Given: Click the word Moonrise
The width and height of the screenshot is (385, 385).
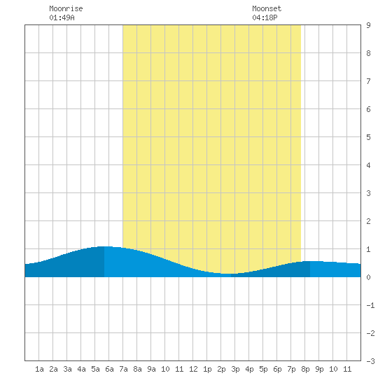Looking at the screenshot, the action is tap(66, 8).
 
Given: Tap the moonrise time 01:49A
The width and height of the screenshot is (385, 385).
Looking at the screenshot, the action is tap(62, 17).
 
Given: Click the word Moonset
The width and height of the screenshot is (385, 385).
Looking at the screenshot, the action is tap(267, 8).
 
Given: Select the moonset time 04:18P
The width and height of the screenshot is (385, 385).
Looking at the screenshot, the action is tap(265, 17).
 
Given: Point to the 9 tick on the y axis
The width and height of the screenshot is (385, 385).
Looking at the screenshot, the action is tap(368, 25).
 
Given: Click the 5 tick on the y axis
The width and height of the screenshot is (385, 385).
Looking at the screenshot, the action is tap(368, 137).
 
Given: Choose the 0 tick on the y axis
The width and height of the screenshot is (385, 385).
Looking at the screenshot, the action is tap(368, 277).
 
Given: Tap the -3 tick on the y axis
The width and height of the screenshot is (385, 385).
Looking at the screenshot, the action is tap(370, 361).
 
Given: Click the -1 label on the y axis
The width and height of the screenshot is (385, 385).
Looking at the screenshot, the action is tap(370, 305).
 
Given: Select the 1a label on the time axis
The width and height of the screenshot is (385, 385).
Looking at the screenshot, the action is tap(39, 369).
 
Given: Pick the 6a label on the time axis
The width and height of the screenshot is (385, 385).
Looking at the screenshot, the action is tap(109, 369).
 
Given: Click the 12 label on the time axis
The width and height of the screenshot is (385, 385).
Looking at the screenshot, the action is tap(193, 369).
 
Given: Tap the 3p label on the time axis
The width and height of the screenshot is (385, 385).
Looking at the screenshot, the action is tap(235, 369).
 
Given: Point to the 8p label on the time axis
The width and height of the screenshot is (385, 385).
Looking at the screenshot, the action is tap(305, 369).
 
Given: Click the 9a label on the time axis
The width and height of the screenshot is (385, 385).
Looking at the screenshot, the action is tap(151, 369).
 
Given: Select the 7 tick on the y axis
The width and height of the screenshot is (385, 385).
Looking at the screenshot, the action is tap(368, 81).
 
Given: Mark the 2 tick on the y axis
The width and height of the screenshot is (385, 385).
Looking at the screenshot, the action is tap(368, 221).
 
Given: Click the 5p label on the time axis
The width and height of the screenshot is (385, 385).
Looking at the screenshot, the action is tap(263, 369).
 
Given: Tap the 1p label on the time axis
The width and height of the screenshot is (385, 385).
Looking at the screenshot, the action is tap(207, 369).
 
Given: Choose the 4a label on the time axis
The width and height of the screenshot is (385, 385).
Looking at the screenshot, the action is tap(81, 369).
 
